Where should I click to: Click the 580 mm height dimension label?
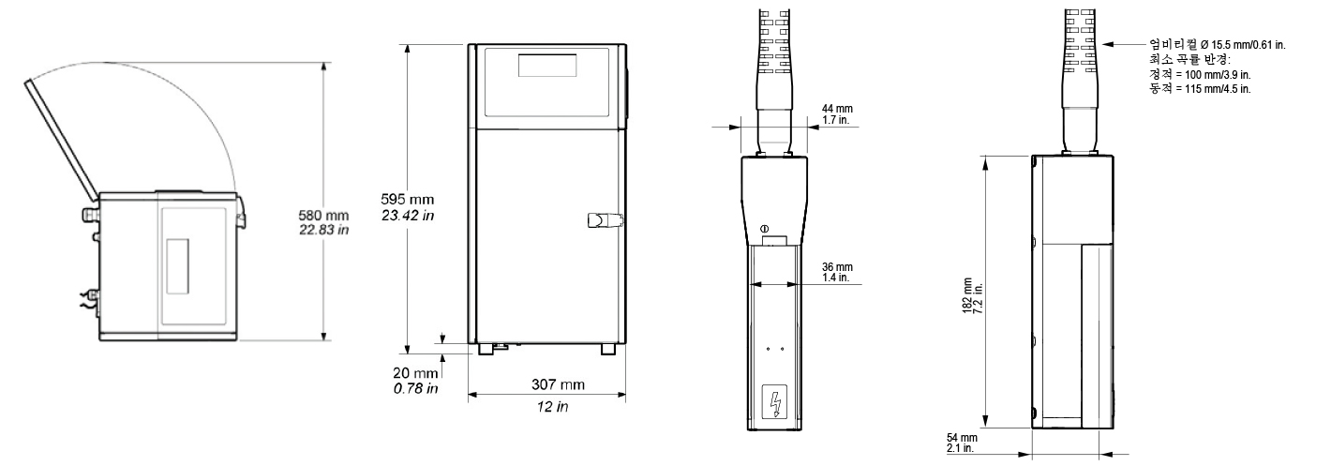point(323,215)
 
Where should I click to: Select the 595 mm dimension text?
point(407,199)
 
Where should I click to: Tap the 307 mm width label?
point(558,384)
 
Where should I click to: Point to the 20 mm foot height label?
point(415,373)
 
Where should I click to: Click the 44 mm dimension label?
point(837,109)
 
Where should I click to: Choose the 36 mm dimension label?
point(837,267)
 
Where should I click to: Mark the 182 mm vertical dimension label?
point(968,295)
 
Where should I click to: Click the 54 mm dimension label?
point(962,439)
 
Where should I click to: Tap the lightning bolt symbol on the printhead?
point(774,402)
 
